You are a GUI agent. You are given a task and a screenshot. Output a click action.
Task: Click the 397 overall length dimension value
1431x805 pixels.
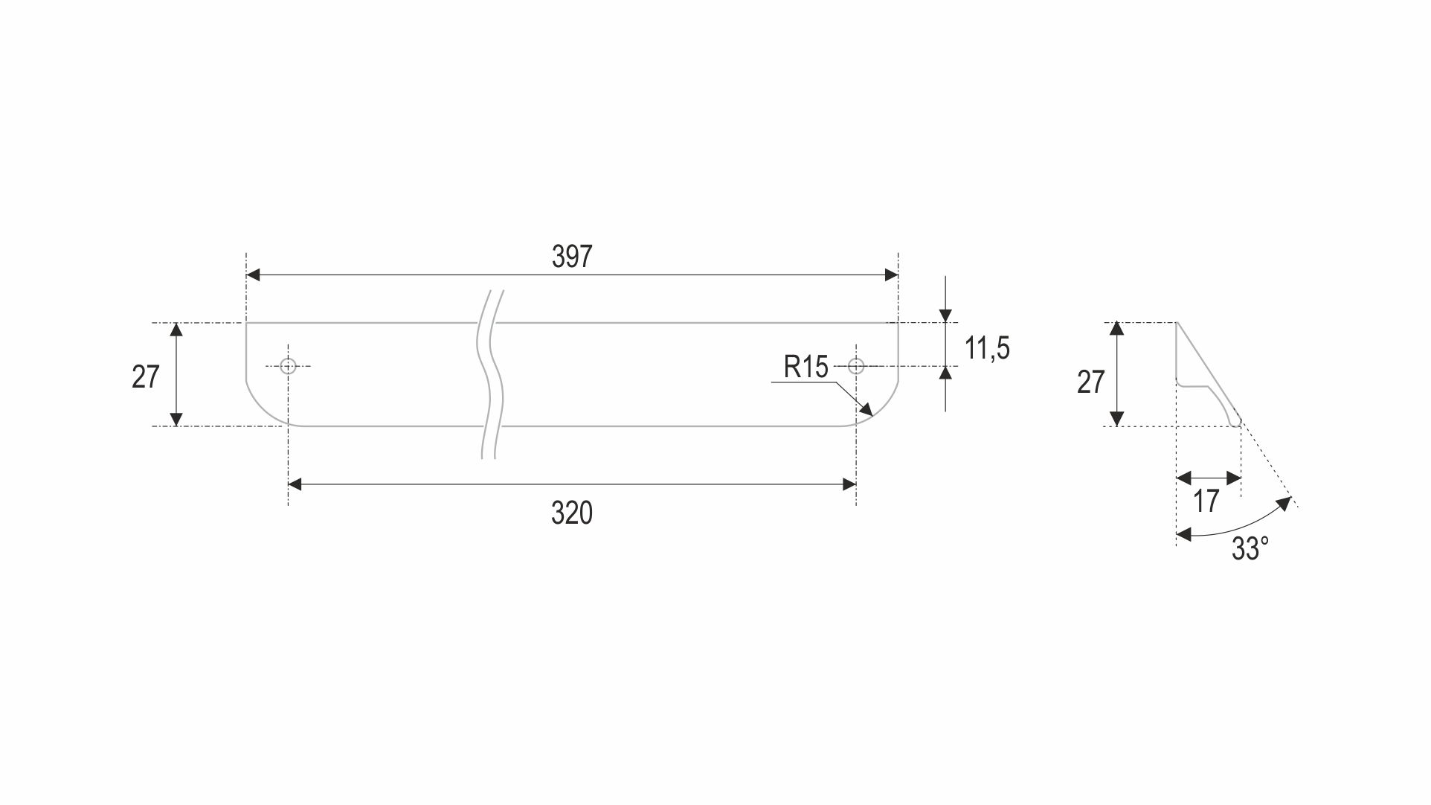(x=572, y=257)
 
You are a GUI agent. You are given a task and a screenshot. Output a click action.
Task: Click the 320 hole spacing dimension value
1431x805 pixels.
(x=572, y=513)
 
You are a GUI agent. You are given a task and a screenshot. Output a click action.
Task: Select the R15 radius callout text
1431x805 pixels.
(x=805, y=368)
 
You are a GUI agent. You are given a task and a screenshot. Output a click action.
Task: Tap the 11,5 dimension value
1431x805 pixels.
(x=987, y=348)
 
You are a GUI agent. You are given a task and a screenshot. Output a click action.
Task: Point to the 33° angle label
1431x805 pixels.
(x=1250, y=549)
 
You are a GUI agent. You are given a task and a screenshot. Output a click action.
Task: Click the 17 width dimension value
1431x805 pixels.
(x=1206, y=501)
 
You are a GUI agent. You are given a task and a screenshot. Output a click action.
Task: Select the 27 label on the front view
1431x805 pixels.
(x=146, y=378)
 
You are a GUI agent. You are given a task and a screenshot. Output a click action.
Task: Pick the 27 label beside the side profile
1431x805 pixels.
(x=1090, y=382)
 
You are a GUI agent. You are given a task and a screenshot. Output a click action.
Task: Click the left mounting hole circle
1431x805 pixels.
(x=289, y=366)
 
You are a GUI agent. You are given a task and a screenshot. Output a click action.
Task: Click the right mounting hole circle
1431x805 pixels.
(x=856, y=366)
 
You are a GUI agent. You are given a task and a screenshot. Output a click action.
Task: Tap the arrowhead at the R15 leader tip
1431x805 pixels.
(x=866, y=410)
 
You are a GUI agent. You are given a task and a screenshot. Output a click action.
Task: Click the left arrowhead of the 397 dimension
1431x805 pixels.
(x=253, y=275)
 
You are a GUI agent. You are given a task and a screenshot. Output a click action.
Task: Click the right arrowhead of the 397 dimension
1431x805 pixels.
(x=891, y=275)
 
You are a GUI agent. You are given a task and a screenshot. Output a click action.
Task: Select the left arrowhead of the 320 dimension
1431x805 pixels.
(x=295, y=485)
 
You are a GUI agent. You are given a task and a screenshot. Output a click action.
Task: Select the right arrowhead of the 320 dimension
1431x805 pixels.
(x=849, y=485)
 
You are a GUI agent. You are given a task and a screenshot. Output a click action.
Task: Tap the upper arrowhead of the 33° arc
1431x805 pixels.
(x=1284, y=504)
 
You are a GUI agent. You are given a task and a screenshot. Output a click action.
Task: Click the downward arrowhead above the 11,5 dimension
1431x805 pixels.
(x=945, y=315)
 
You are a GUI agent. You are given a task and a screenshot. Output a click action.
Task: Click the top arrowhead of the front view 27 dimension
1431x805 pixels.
(x=176, y=330)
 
